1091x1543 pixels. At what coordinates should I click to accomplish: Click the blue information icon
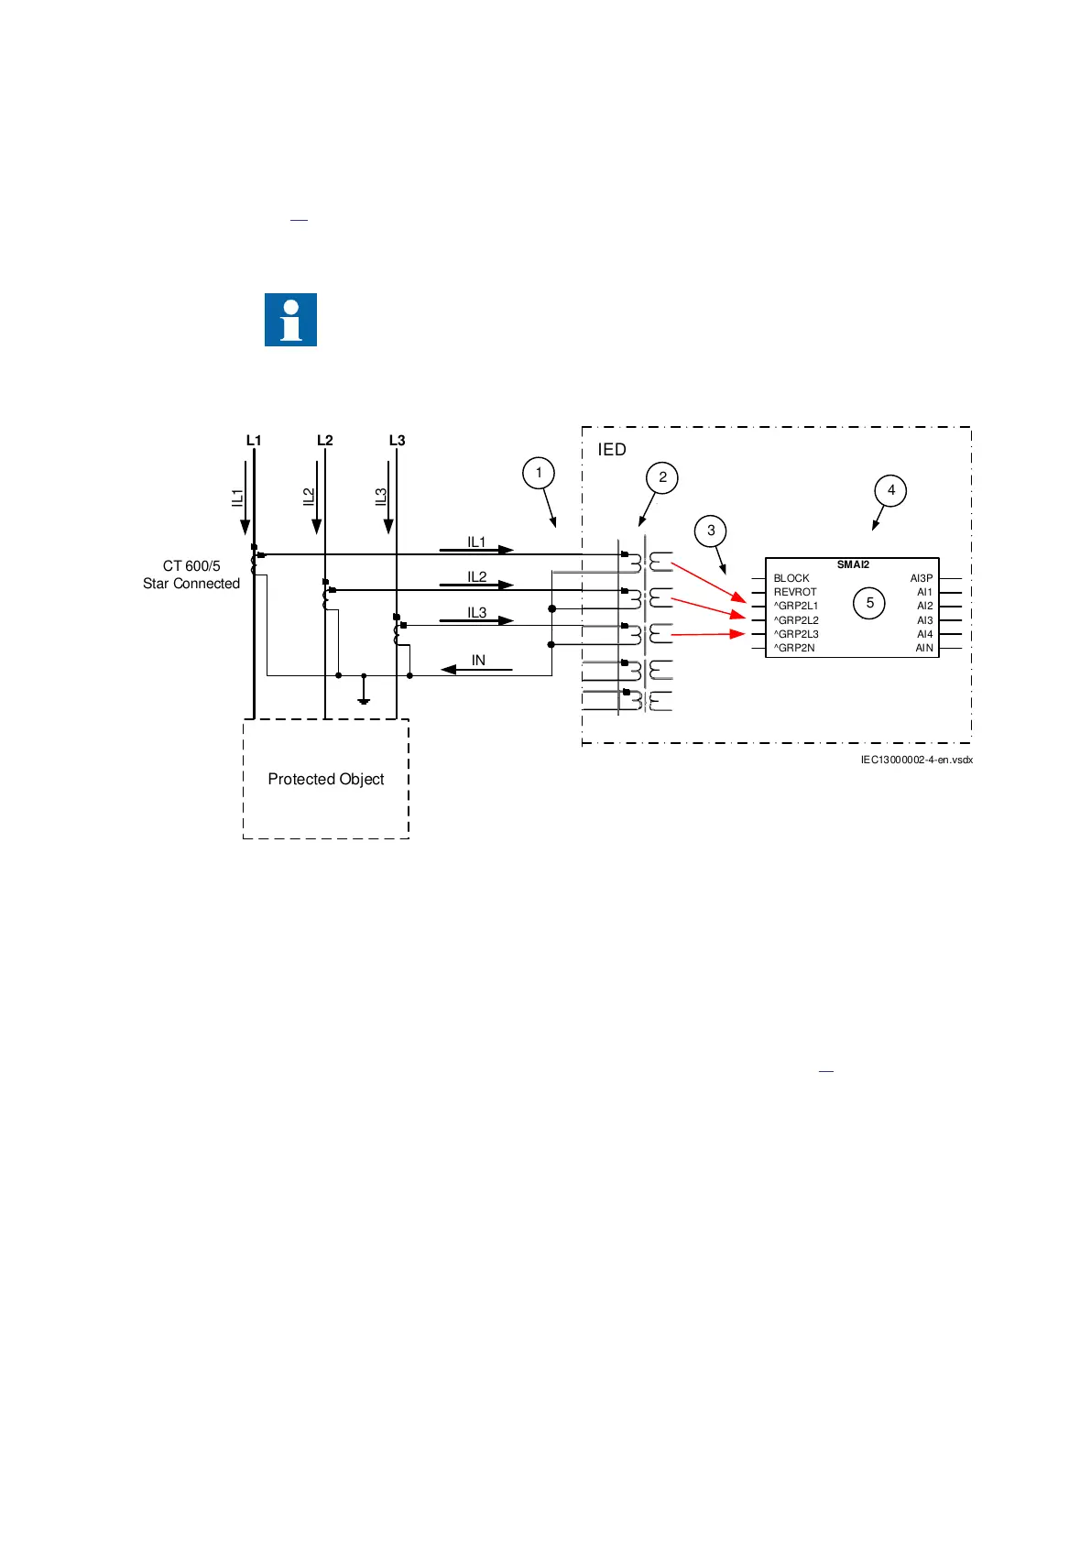(290, 320)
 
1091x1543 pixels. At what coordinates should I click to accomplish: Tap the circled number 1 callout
(539, 473)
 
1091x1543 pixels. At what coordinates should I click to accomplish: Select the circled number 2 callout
(662, 477)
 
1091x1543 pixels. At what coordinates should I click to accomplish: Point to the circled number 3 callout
(711, 531)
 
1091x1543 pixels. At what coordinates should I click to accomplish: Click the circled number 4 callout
(891, 490)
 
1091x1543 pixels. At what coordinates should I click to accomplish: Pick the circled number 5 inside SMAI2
(870, 603)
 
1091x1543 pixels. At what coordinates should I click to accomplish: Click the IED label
(612, 450)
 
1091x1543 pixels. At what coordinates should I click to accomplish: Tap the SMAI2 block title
(853, 564)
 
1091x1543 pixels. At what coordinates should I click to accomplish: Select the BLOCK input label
(791, 578)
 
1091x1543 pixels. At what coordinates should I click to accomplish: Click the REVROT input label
(795, 592)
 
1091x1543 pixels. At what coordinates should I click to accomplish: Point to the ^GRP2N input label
(794, 648)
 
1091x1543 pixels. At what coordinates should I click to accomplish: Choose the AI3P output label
(921, 578)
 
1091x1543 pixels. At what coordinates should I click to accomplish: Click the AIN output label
(924, 648)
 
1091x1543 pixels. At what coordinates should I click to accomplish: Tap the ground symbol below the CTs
(364, 699)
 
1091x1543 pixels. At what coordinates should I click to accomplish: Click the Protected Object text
(326, 779)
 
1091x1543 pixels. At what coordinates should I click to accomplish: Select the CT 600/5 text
(191, 566)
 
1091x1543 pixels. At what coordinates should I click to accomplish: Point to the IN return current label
(478, 661)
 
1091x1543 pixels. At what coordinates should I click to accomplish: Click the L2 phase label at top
(325, 441)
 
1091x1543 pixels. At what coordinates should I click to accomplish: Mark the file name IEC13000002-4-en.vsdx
(916, 760)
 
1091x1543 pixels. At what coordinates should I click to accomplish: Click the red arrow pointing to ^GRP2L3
(708, 634)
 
